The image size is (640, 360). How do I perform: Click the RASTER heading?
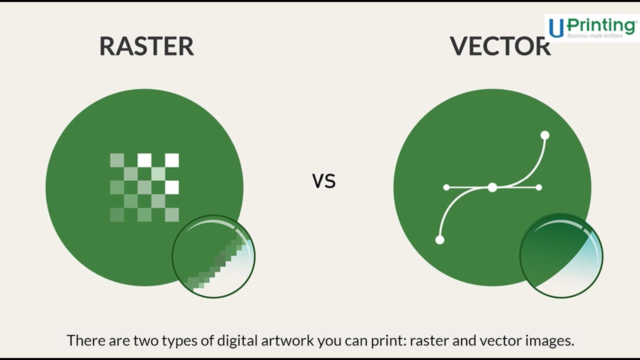click(x=146, y=46)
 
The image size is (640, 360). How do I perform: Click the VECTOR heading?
click(x=500, y=46)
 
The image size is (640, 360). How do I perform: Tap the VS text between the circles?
click(x=324, y=181)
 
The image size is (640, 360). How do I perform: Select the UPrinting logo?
click(x=592, y=27)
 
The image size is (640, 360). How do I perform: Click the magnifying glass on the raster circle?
click(x=213, y=256)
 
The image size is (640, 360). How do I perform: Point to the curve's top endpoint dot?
click(x=545, y=135)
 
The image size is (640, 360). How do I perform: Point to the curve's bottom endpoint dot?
click(x=440, y=240)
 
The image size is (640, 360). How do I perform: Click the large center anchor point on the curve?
click(x=492, y=187)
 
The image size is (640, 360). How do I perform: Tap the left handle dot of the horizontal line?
click(x=446, y=187)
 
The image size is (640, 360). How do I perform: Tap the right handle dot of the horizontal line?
click(x=538, y=187)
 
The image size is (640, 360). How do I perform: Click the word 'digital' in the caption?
click(x=234, y=341)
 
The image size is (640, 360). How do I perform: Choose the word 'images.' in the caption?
click(x=549, y=341)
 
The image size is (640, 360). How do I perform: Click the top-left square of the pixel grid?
click(x=117, y=160)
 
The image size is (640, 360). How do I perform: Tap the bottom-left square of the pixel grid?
click(x=117, y=215)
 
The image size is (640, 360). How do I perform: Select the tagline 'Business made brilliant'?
click(x=595, y=35)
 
